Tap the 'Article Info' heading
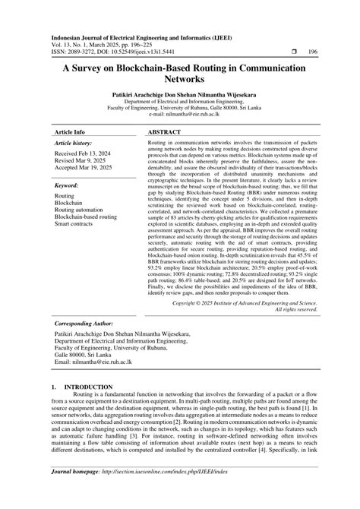pyautogui.click(x=70, y=131)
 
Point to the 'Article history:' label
pyautogui.click(x=74, y=143)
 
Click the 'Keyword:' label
pyautogui.click(x=67, y=185)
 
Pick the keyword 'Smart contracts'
pyautogui.click(x=75, y=224)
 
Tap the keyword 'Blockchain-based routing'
pyautogui.click(x=86, y=217)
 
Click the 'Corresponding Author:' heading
pyautogui.click(x=83, y=324)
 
